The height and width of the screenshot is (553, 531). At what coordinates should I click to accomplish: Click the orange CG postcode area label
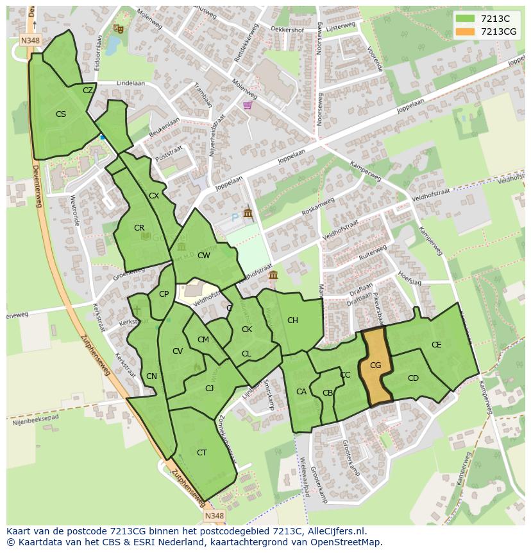click(376, 365)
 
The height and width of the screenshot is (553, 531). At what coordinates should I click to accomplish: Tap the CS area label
click(61, 114)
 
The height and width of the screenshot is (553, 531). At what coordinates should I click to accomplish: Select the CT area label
click(202, 453)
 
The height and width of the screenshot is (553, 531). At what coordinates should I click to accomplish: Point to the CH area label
click(292, 320)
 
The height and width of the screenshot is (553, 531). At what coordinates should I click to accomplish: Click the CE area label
click(437, 345)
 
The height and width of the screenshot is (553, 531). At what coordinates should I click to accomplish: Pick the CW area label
click(204, 256)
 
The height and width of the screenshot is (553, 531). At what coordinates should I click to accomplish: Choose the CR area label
click(139, 228)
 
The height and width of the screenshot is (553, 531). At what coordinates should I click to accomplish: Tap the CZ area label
click(88, 91)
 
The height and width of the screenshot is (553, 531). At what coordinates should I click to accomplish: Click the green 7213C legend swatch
click(466, 19)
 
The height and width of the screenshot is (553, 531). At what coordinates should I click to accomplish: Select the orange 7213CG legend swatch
click(466, 31)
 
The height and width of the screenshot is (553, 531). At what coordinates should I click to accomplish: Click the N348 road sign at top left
click(29, 40)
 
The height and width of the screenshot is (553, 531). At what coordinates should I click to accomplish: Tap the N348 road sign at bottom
click(214, 516)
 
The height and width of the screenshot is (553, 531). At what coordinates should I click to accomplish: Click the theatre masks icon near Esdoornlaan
click(117, 28)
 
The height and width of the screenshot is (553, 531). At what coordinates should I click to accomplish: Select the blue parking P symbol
click(235, 218)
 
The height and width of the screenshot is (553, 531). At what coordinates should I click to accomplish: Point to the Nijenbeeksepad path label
click(35, 419)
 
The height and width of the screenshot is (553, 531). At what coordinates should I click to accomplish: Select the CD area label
click(413, 378)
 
